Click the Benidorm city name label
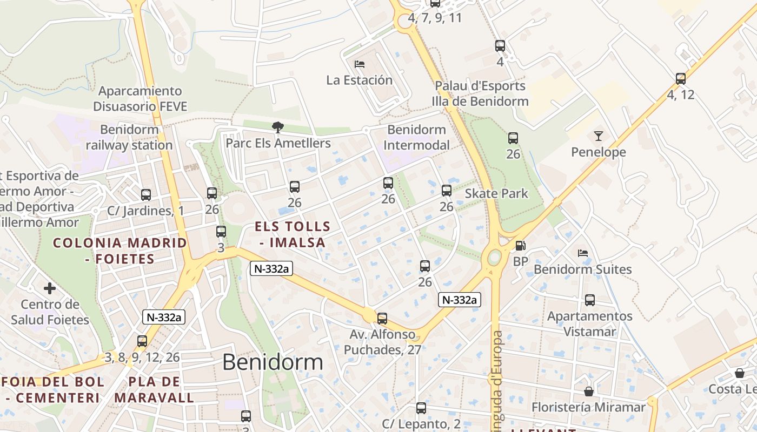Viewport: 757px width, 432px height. pos(273,362)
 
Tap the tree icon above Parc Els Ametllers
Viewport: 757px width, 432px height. pos(278,127)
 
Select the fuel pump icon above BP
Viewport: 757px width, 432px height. pos(520,246)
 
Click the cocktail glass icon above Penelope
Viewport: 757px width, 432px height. pos(598,136)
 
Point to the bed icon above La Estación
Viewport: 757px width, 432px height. pos(360,64)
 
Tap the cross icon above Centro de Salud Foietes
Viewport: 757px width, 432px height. pos(50,288)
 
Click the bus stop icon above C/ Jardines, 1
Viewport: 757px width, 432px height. pos(146,194)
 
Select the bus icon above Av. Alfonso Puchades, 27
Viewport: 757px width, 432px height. pos(382,318)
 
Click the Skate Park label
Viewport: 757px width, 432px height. pos(496,193)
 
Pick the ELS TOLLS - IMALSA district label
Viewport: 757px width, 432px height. pos(293,234)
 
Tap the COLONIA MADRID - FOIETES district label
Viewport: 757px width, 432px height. pos(120,251)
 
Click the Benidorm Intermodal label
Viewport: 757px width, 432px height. pos(417,137)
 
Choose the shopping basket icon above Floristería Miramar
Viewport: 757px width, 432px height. pos(589,391)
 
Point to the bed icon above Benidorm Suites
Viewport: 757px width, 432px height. pos(582,253)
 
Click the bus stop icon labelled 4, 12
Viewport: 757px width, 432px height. pos(681,79)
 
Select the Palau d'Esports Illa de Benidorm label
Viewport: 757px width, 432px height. pos(480,93)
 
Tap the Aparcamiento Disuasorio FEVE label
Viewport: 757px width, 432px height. pos(140,98)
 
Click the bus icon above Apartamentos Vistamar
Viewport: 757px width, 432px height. pos(590,300)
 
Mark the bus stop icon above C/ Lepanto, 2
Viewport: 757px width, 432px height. pos(421,408)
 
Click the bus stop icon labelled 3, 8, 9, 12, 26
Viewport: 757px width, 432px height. pos(142,341)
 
